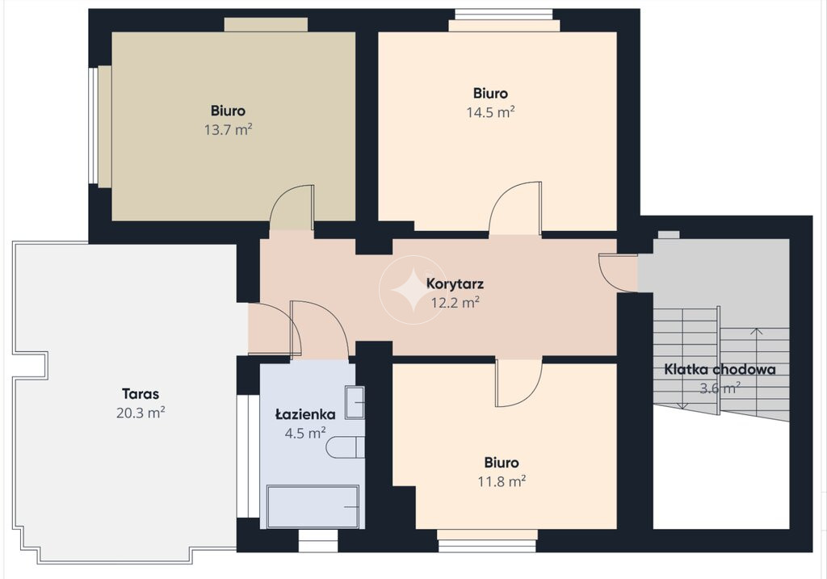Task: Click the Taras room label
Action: [x=141, y=394]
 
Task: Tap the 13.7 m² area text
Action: [x=228, y=129]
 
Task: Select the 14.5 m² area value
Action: [x=490, y=111]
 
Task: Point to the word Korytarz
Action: [x=455, y=284]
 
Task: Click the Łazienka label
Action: [x=305, y=414]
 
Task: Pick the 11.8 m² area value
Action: [x=502, y=481]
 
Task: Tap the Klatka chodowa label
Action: [x=720, y=369]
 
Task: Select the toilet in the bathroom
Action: [x=345, y=447]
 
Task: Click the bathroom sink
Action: [x=355, y=402]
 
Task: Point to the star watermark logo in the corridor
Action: [x=413, y=289]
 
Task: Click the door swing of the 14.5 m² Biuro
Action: [x=515, y=208]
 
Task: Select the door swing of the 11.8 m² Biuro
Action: [x=518, y=383]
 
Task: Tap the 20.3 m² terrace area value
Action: [x=141, y=413]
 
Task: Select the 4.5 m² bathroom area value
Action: [x=305, y=433]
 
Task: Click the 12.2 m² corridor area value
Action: [x=455, y=303]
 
